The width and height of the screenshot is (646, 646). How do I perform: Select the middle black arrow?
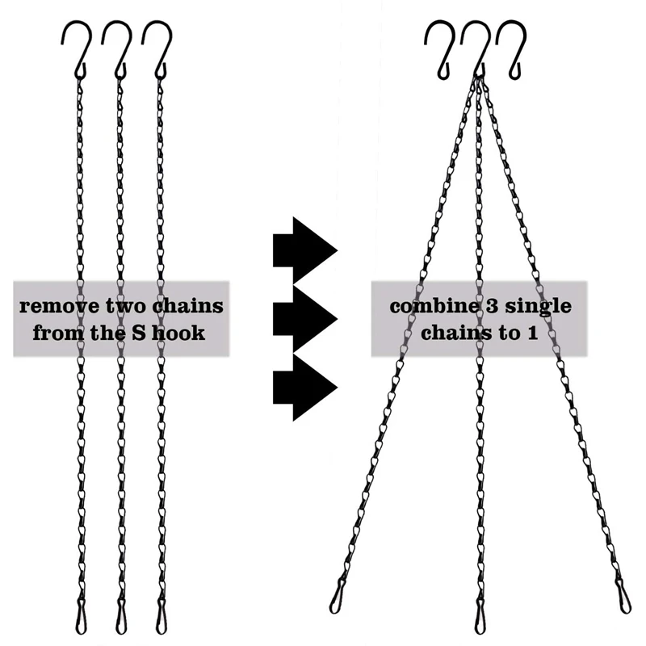[303, 318]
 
